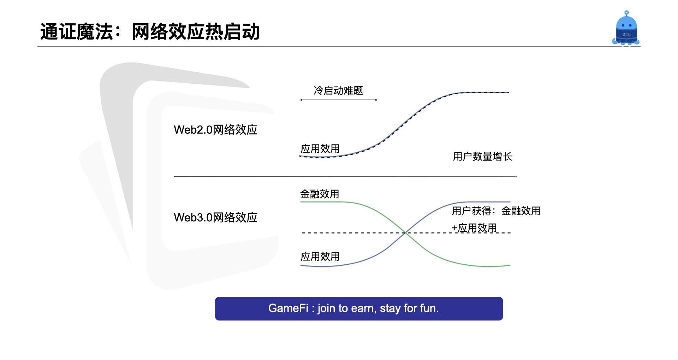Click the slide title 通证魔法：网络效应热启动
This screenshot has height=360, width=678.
(x=150, y=32)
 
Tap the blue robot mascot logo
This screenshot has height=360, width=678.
(x=626, y=28)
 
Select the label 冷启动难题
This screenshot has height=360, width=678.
(x=338, y=91)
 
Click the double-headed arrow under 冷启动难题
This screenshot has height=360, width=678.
(x=339, y=100)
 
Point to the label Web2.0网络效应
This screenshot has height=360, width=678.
(x=215, y=130)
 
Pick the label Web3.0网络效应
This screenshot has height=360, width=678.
(x=215, y=217)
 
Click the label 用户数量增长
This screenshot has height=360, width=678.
(x=482, y=156)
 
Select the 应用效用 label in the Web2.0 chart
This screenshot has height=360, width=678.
(x=320, y=149)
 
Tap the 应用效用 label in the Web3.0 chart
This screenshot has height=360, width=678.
(x=320, y=256)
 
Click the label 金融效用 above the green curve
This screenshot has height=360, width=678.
(x=320, y=194)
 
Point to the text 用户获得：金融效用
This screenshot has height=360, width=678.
(x=496, y=211)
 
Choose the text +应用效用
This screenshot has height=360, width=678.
(x=474, y=228)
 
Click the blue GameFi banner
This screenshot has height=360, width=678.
(x=359, y=308)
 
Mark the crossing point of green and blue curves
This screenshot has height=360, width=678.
(x=406, y=233)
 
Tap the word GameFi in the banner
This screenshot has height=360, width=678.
(x=288, y=308)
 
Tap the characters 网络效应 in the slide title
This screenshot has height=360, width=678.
(x=168, y=32)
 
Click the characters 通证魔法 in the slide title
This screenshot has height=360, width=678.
(x=76, y=32)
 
